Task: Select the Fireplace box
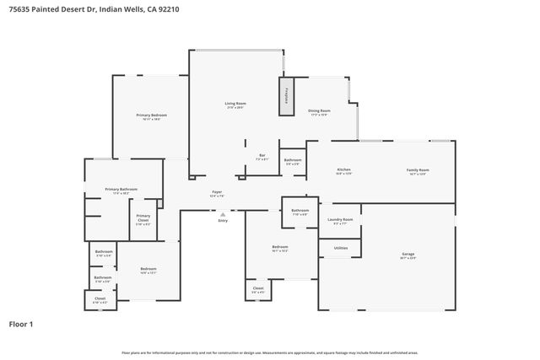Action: click(287, 96)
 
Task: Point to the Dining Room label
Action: click(319, 111)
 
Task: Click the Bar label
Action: click(262, 156)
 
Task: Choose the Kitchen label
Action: click(343, 170)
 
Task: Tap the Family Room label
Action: click(418, 170)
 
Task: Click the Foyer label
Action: click(217, 192)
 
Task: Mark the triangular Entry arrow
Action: click(223, 213)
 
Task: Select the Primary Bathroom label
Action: click(121, 190)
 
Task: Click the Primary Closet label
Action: click(143, 217)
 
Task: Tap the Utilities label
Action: click(341, 248)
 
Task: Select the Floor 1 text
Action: click(20, 324)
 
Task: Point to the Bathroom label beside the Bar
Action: click(293, 160)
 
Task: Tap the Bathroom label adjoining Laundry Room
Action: click(300, 211)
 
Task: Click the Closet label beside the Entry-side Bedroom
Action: click(258, 289)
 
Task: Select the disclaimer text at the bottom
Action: click(269, 352)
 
